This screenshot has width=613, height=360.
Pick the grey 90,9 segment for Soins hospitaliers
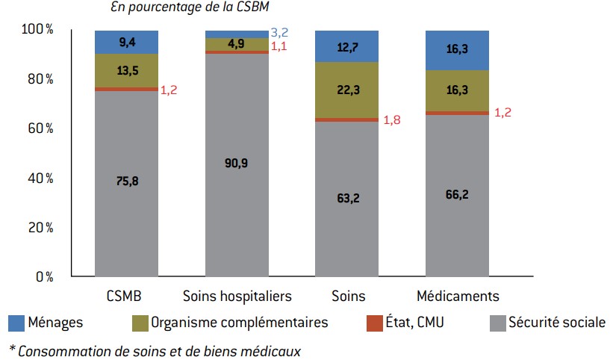(x=237, y=164)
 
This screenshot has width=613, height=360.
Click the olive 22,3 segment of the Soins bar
(x=347, y=90)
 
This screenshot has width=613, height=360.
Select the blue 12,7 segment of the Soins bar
(x=347, y=46)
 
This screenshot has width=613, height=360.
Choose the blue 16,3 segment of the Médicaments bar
(x=457, y=50)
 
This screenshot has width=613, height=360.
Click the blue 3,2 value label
(x=280, y=32)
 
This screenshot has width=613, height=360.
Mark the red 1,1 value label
(x=280, y=46)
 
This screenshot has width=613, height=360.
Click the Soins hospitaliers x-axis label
(x=237, y=296)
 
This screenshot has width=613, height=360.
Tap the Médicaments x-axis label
(x=458, y=296)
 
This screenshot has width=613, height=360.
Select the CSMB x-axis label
(x=125, y=296)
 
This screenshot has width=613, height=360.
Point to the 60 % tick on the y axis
(x=39, y=128)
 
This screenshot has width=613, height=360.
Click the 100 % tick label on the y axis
(x=37, y=29)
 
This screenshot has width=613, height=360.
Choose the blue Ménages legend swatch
(x=16, y=323)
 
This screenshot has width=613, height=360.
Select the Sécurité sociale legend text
(x=556, y=323)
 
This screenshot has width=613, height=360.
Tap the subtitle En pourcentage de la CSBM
(x=189, y=7)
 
